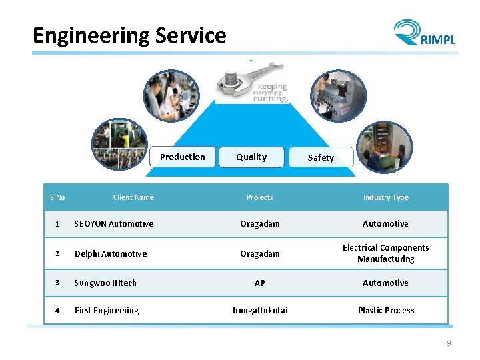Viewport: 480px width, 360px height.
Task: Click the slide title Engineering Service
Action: pyautogui.click(x=129, y=35)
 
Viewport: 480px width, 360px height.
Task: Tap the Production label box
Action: pyautogui.click(x=183, y=157)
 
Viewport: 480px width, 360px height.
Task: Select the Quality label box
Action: pyautogui.click(x=251, y=157)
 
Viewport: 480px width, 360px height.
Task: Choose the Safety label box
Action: pyautogui.click(x=321, y=158)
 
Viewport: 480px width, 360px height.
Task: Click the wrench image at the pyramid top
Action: pyautogui.click(x=252, y=81)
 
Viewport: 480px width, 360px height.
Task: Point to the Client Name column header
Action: pyautogui.click(x=133, y=197)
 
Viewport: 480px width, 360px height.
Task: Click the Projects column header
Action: pyautogui.click(x=260, y=197)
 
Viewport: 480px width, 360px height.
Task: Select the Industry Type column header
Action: pyautogui.click(x=385, y=197)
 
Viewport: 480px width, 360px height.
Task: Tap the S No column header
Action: pyautogui.click(x=57, y=197)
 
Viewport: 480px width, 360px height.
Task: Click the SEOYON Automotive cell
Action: pyautogui.click(x=114, y=224)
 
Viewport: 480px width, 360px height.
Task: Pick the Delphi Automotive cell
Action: pyautogui.click(x=111, y=254)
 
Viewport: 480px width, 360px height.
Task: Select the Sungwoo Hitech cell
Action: pyautogui.click(x=105, y=283)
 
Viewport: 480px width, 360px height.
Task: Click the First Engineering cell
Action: pyautogui.click(x=107, y=311)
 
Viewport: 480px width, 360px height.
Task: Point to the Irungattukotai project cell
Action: pyautogui.click(x=260, y=311)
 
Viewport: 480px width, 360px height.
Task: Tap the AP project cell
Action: pyautogui.click(x=260, y=283)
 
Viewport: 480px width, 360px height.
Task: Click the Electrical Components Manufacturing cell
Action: pyautogui.click(x=385, y=253)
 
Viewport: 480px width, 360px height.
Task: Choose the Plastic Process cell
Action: pyautogui.click(x=385, y=311)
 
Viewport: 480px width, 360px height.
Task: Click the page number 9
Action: pyautogui.click(x=449, y=343)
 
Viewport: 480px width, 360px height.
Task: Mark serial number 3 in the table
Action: pyautogui.click(x=57, y=283)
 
